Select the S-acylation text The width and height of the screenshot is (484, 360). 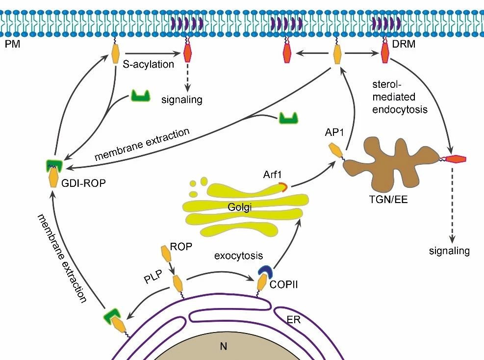[149, 64]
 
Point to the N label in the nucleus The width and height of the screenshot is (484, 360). [224, 347]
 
